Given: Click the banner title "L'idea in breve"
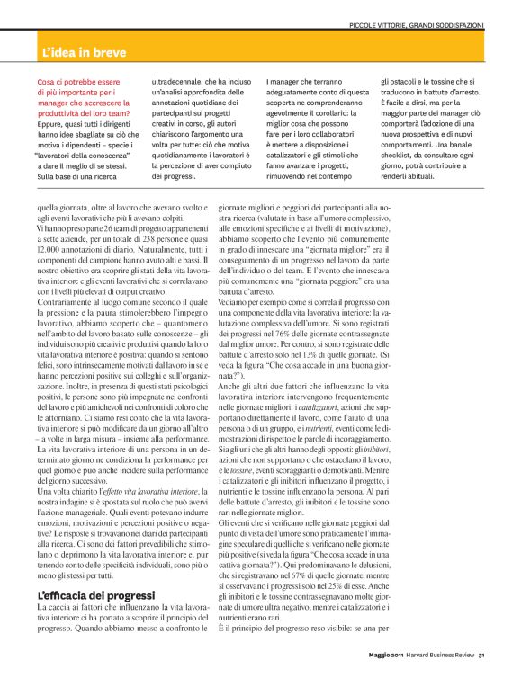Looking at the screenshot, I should pyautogui.click(x=90, y=53).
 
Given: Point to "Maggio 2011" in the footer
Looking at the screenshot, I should pyautogui.click(x=388, y=654).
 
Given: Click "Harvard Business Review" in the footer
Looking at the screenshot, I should pyautogui.click(x=441, y=654).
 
